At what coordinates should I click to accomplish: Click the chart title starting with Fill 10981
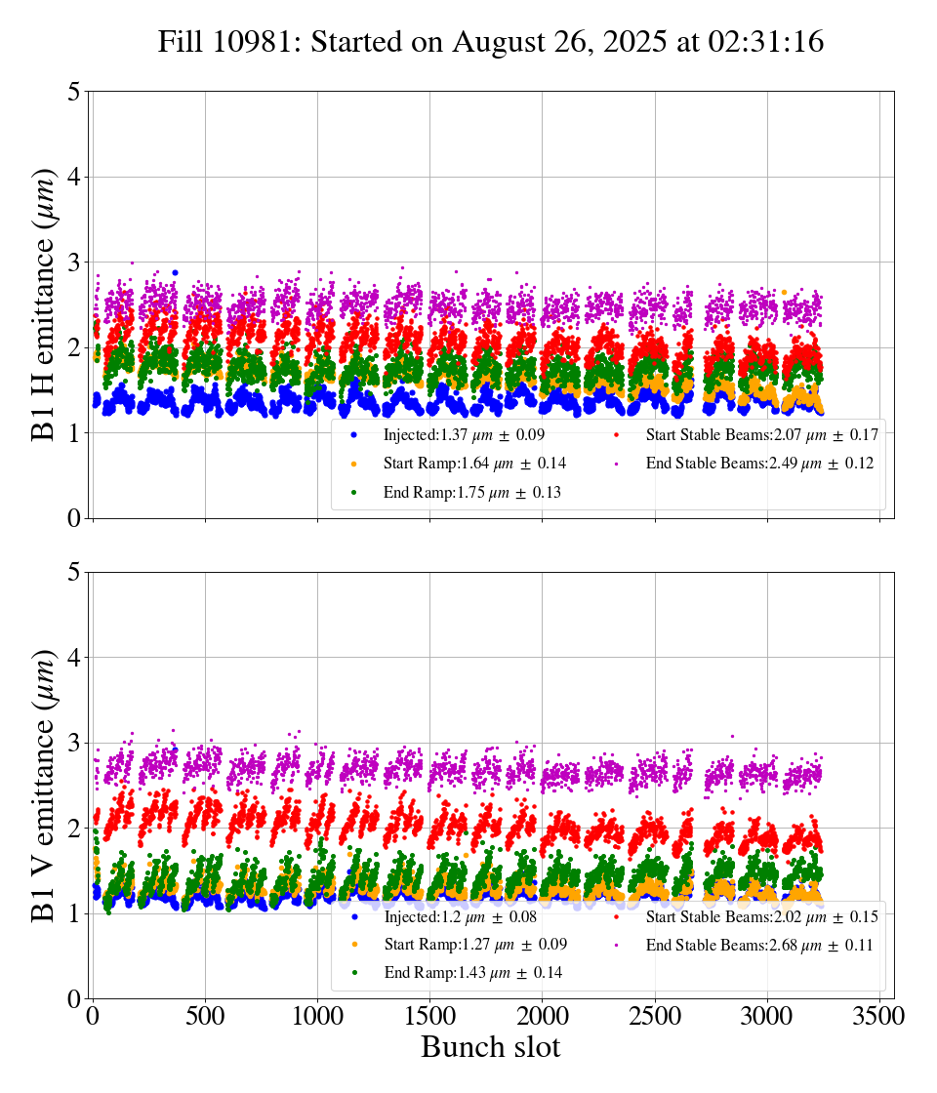point(491,42)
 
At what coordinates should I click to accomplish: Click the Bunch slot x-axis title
point(491,1048)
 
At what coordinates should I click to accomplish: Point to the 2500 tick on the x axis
point(655,1015)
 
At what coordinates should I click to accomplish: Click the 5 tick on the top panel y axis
point(74,92)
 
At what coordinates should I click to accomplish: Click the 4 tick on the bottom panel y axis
point(74,658)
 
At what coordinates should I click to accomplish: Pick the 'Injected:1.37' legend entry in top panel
point(458,434)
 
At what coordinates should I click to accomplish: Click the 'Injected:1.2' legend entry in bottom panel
point(454,916)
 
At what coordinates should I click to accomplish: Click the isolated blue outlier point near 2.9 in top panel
point(175,273)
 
